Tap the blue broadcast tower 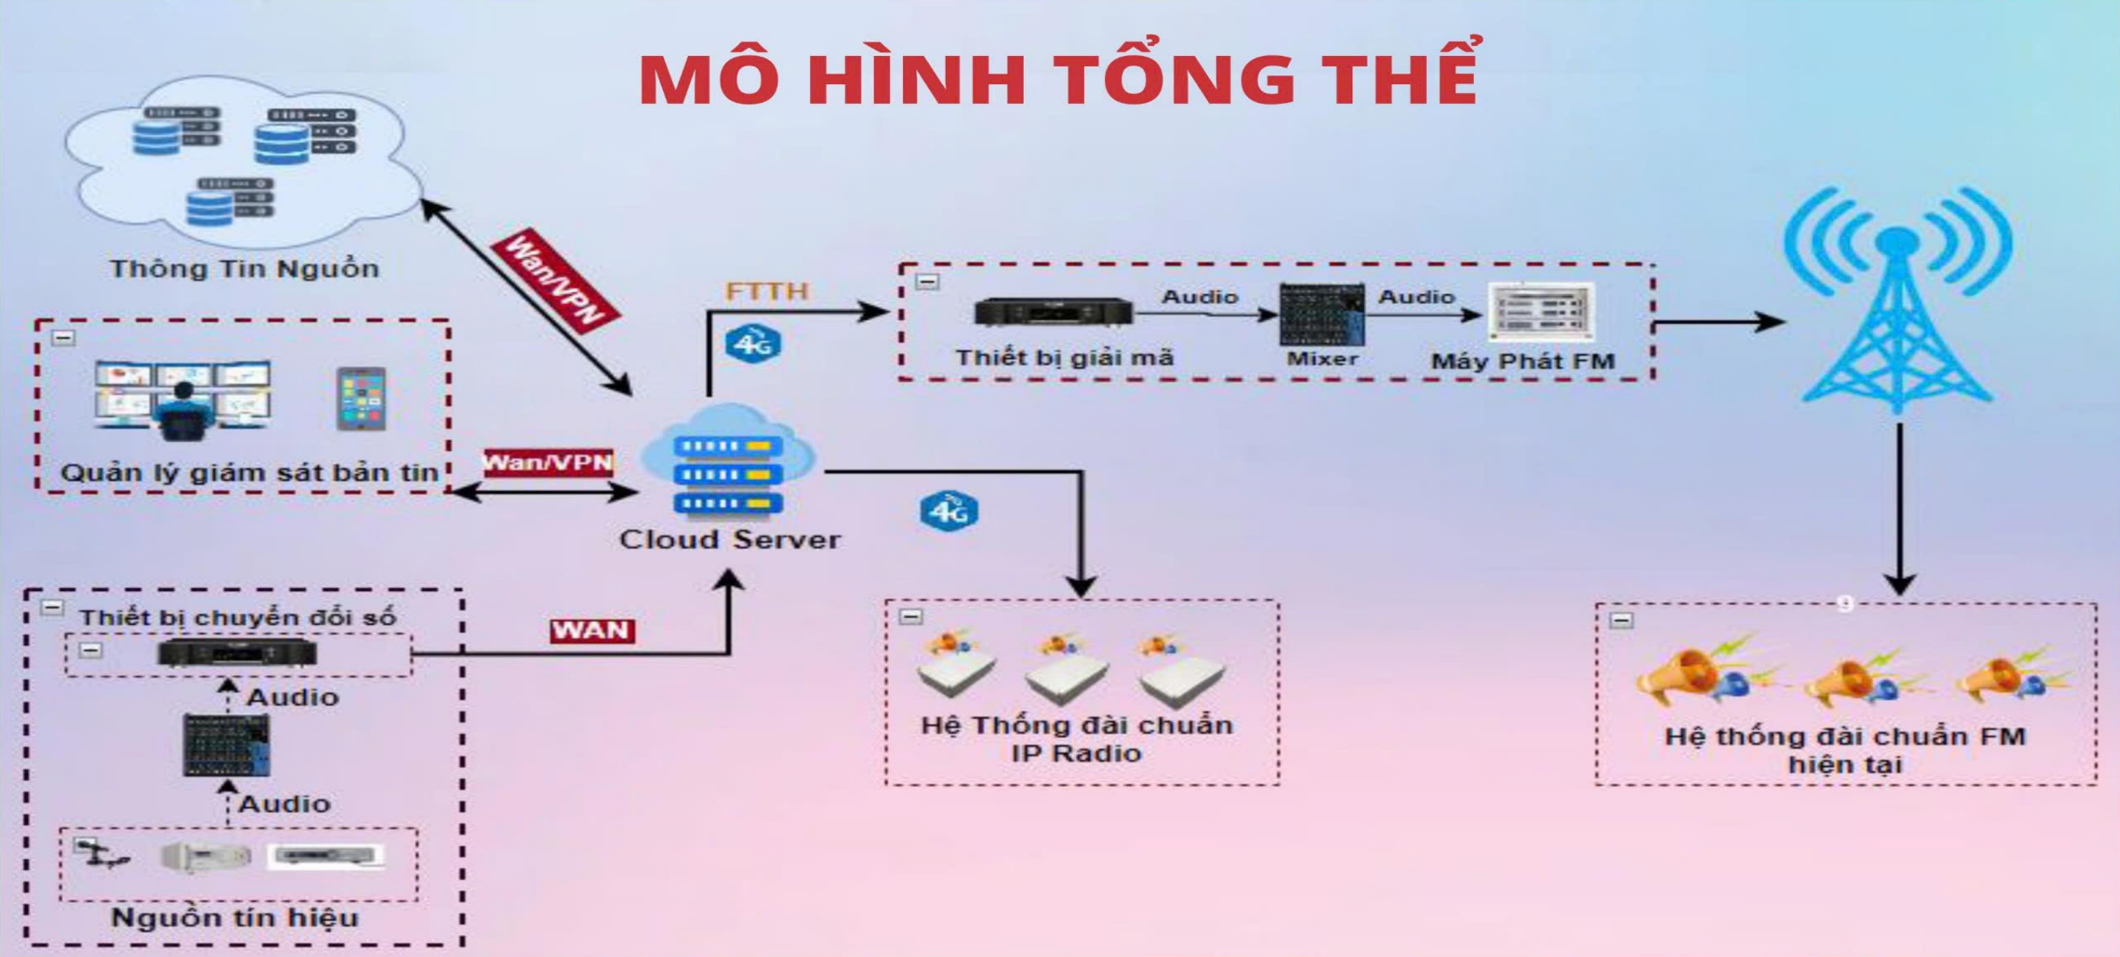[x=1897, y=301]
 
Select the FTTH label [x=767, y=292]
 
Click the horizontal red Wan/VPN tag [x=548, y=463]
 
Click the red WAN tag [x=591, y=630]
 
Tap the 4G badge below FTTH [x=752, y=344]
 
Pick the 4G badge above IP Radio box [x=948, y=511]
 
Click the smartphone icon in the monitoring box [x=361, y=400]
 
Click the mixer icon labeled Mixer [x=1321, y=315]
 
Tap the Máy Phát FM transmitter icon [x=1540, y=311]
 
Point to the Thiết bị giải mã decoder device [x=1053, y=312]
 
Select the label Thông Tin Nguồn [x=244, y=268]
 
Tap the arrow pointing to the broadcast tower [x=1719, y=322]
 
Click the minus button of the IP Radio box [x=911, y=616]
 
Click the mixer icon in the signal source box [x=225, y=744]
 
